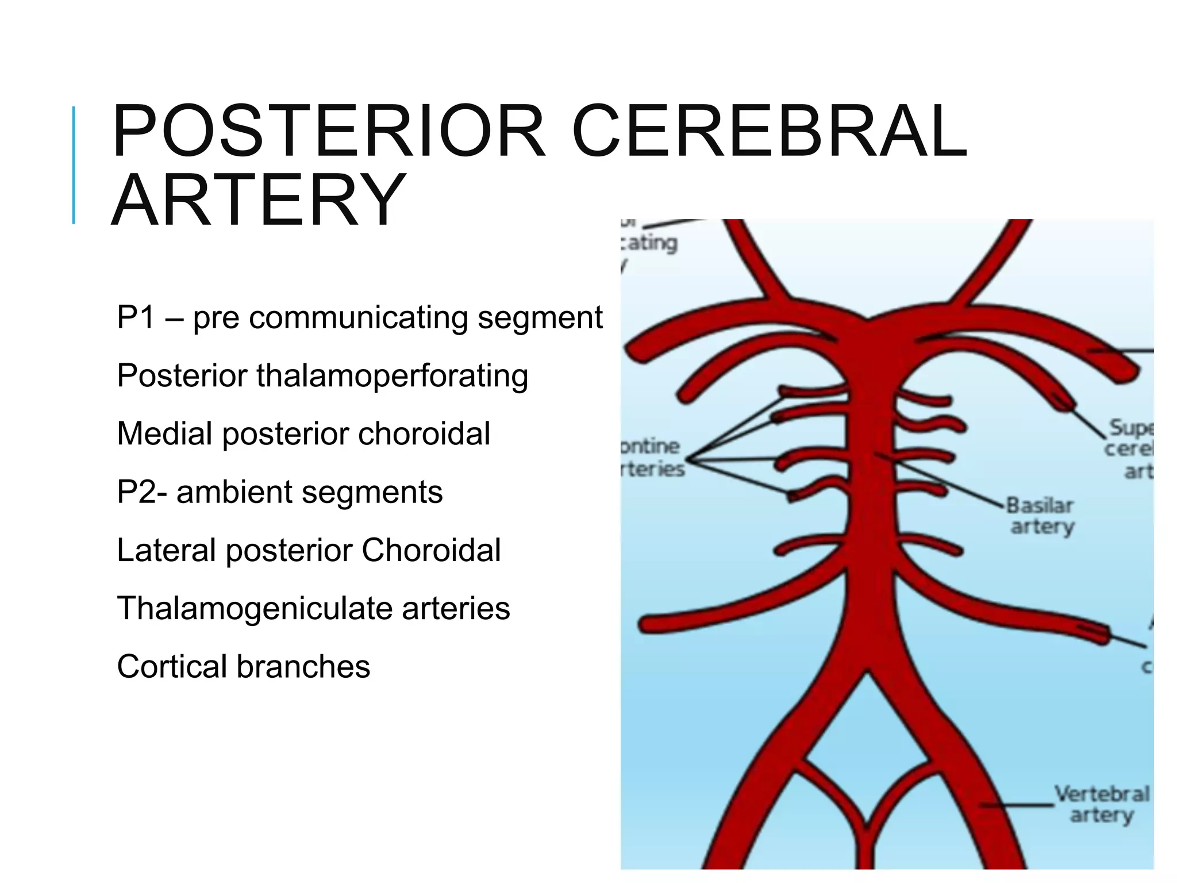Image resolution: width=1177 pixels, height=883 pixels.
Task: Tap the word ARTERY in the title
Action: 259,200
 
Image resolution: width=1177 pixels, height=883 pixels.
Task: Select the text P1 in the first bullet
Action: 136,317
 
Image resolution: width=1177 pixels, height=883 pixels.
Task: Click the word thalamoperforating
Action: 392,375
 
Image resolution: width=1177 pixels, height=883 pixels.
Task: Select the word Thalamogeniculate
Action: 255,608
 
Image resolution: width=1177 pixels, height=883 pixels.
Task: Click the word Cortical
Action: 172,667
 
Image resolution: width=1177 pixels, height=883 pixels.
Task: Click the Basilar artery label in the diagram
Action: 1041,516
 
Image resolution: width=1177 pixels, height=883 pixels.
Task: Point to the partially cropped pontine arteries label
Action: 652,458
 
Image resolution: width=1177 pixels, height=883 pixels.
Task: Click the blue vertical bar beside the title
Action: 74,165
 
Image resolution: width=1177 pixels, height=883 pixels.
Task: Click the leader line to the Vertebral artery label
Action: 1017,805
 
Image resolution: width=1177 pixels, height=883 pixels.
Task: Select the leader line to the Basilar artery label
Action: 943,480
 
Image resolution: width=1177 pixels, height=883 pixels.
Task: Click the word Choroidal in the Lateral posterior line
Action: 431,550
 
